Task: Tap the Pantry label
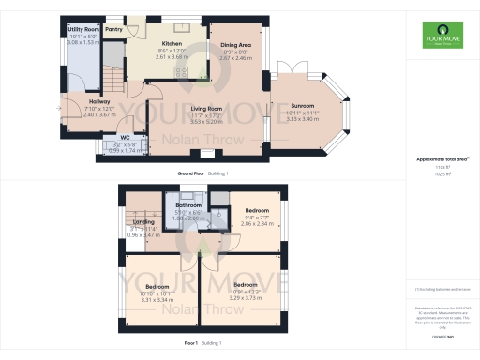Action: point(113,30)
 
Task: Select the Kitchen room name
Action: point(172,44)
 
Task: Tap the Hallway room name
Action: point(99,101)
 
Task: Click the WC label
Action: point(111,137)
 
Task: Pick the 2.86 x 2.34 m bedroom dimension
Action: point(257,225)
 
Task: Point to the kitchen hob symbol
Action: point(184,71)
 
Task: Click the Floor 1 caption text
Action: point(189,344)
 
